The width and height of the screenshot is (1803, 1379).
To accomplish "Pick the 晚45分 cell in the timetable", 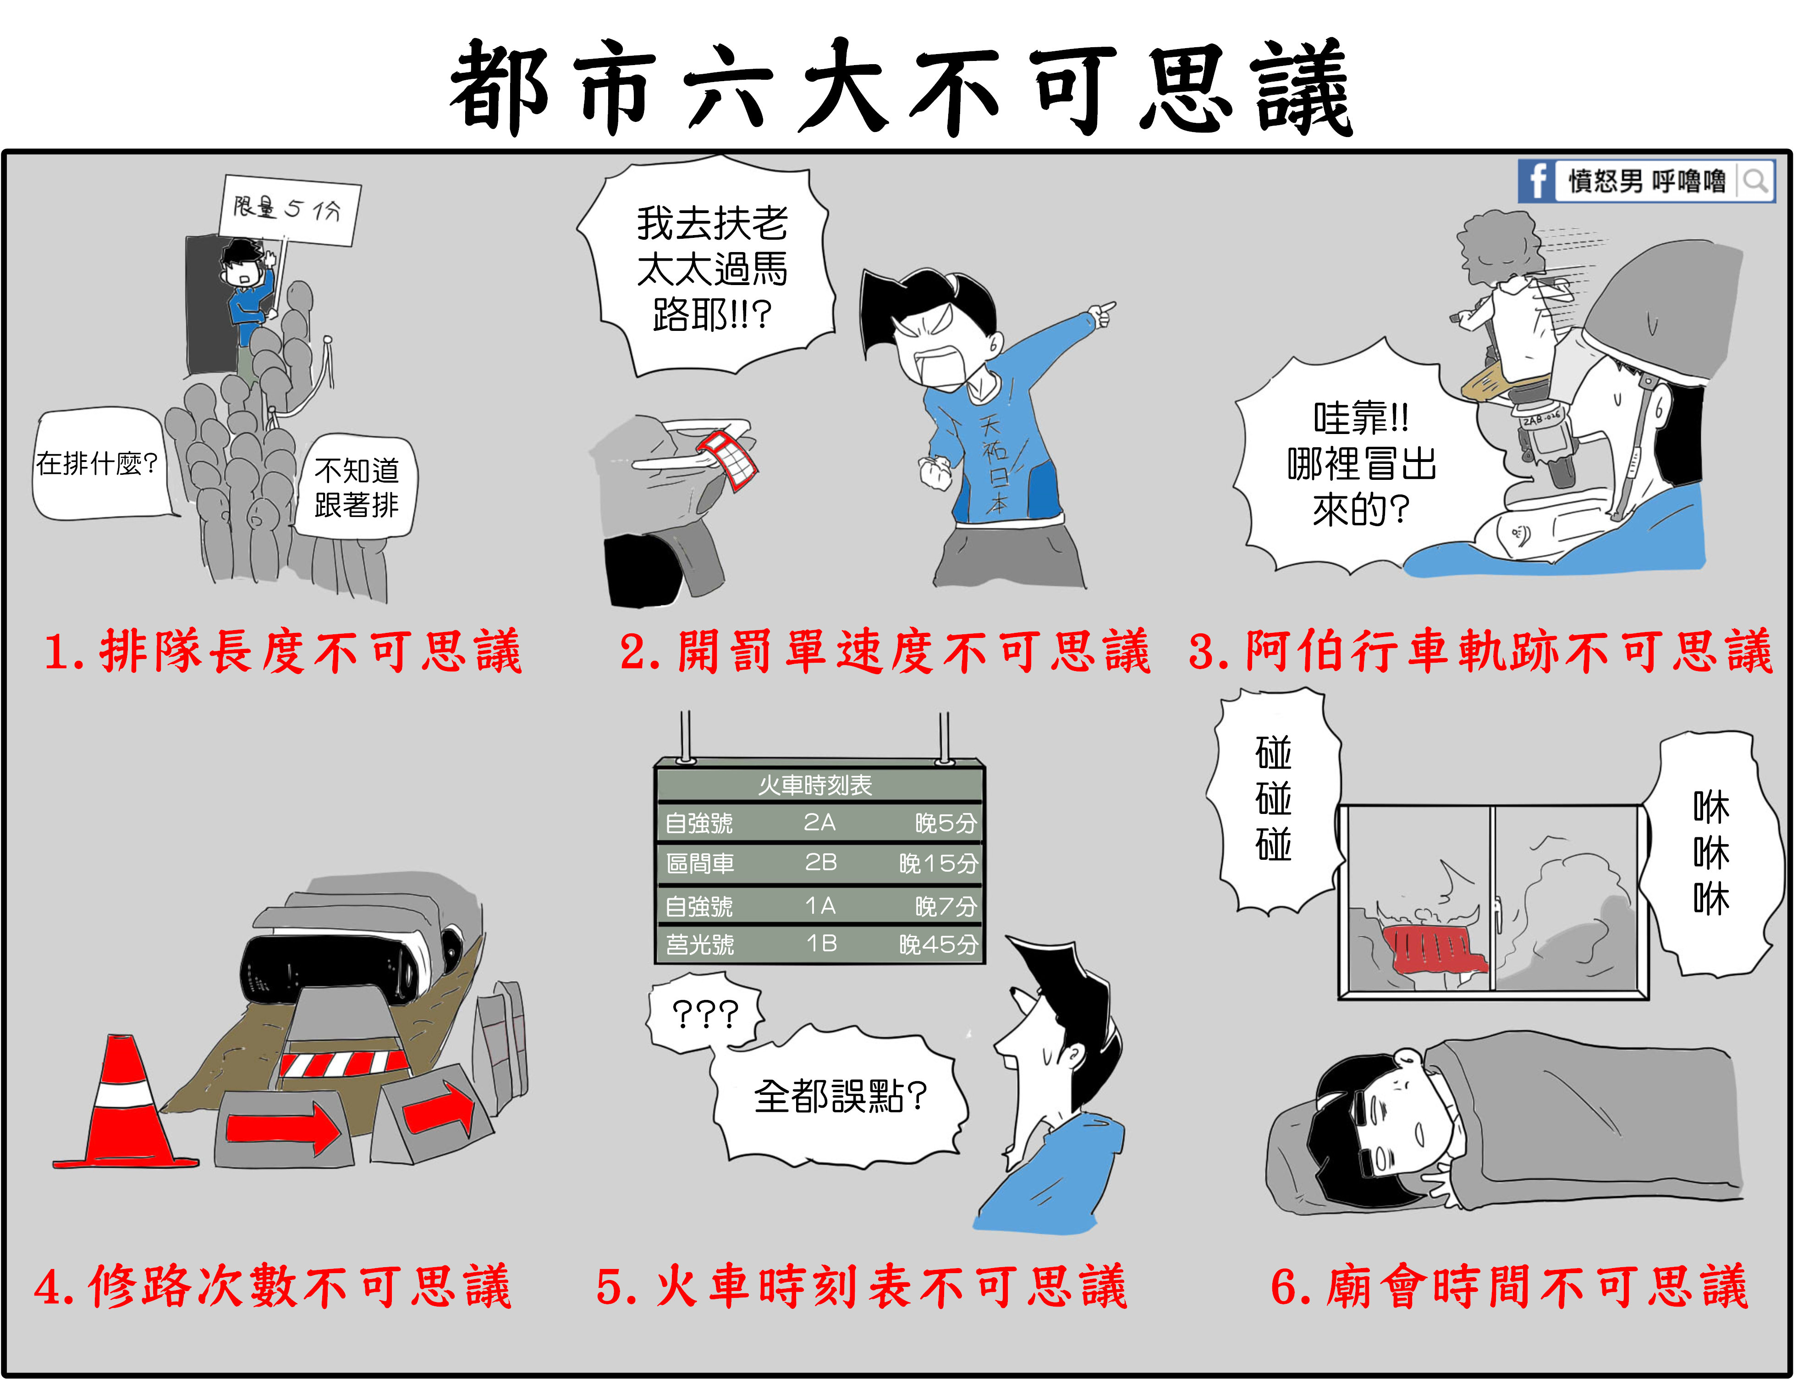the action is click(939, 945).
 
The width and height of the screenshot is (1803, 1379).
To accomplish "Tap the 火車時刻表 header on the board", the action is click(815, 786).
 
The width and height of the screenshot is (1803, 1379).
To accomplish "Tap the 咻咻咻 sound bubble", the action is click(1711, 854).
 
